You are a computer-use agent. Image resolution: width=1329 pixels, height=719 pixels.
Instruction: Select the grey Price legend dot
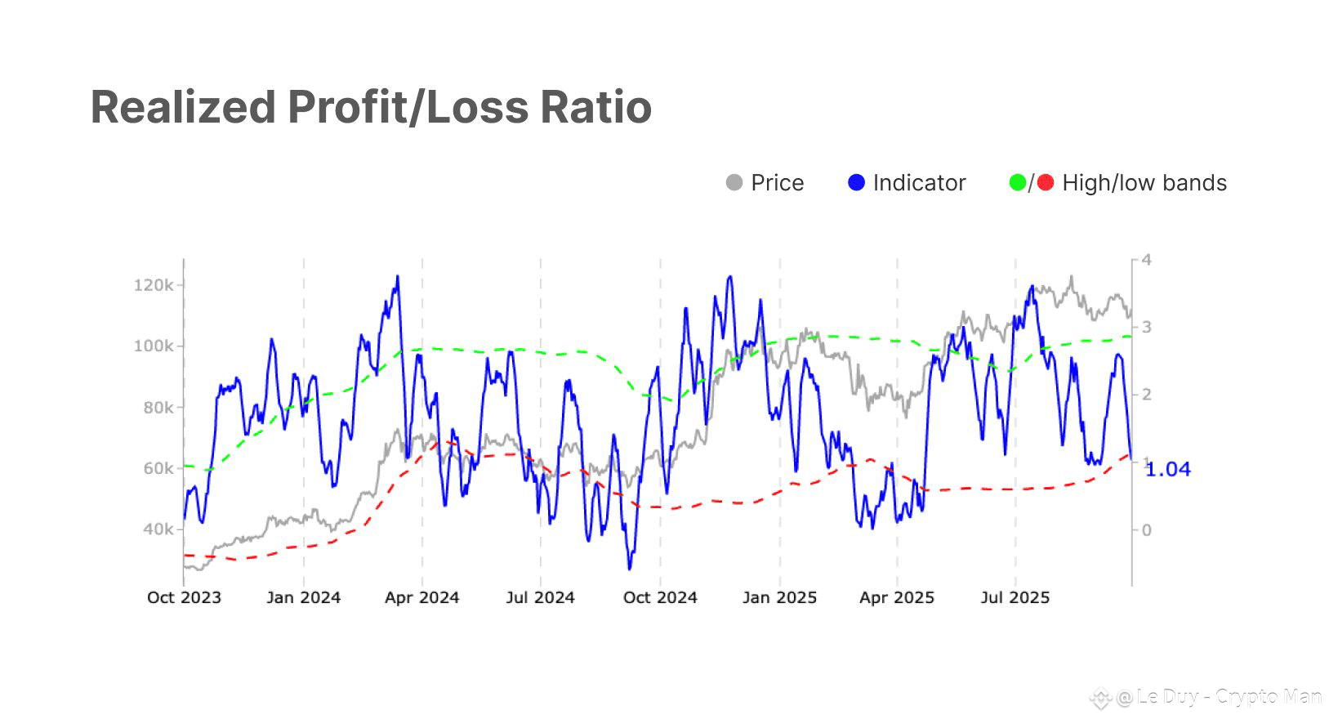click(734, 183)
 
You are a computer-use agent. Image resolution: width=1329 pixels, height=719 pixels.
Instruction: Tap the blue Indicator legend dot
click(856, 183)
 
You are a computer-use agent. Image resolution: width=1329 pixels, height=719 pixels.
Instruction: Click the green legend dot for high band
click(1017, 183)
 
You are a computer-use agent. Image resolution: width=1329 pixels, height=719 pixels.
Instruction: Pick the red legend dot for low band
click(1046, 183)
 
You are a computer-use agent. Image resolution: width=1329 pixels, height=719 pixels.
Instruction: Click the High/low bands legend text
click(1144, 183)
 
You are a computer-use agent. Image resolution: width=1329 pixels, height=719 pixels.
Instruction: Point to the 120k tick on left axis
click(154, 285)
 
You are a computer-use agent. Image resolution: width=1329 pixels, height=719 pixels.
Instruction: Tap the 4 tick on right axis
click(1146, 260)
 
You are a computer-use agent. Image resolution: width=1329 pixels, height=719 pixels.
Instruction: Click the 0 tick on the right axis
click(1146, 530)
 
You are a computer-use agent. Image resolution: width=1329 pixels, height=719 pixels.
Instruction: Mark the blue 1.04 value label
click(1168, 470)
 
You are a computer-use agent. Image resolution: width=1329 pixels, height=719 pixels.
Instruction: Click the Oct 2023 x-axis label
click(184, 597)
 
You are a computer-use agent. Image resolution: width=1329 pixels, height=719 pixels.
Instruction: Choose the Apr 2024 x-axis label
click(421, 597)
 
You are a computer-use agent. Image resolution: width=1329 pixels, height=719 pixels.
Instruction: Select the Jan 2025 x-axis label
click(779, 597)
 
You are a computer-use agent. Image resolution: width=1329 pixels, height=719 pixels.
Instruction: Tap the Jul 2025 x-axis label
click(1015, 597)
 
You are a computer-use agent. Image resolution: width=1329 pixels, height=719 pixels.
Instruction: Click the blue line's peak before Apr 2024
click(398, 277)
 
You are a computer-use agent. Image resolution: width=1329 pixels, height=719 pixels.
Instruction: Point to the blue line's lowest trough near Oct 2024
click(630, 568)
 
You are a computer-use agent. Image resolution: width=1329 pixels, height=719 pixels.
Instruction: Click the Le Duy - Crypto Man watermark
click(1217, 697)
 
